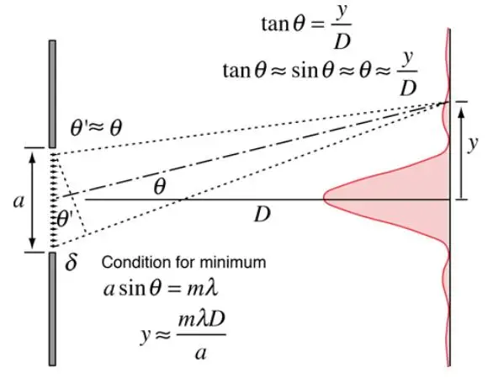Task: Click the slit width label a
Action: pos(19,201)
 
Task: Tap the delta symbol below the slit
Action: pos(71,261)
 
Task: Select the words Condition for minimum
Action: pos(183,262)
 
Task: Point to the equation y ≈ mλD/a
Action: pos(183,335)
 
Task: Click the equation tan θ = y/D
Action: pos(306,26)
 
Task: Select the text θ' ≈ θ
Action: pos(96,127)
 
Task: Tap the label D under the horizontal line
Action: pos(262,215)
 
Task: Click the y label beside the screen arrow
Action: pos(473,144)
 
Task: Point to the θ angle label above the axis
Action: pos(159,187)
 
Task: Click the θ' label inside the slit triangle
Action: pos(66,219)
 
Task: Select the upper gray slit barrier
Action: pos(52,93)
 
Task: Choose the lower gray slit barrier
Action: pos(52,309)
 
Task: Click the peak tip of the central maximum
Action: pos(324,199)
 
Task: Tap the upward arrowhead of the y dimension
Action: pos(461,112)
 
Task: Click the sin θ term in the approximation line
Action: pos(312,71)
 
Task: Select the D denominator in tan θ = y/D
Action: pos(342,41)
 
